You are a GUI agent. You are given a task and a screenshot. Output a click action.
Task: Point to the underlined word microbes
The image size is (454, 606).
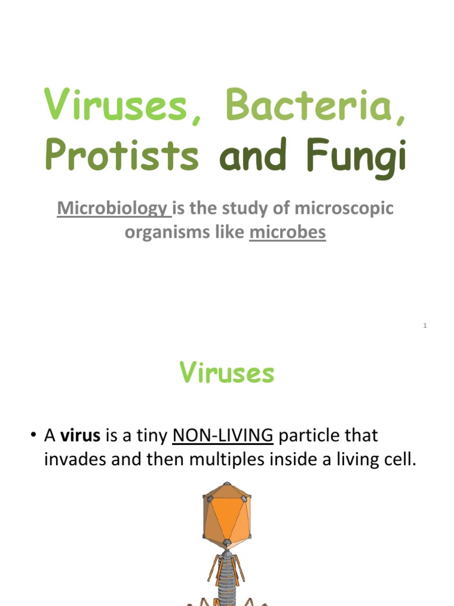point(287,233)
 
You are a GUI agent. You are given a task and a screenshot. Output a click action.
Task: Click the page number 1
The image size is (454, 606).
point(425,327)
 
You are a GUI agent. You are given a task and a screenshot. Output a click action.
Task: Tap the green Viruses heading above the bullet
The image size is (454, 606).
point(227,373)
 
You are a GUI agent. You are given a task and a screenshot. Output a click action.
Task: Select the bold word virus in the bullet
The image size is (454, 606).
point(80,436)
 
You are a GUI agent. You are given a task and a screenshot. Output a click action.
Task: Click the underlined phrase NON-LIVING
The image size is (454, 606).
point(222,436)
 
